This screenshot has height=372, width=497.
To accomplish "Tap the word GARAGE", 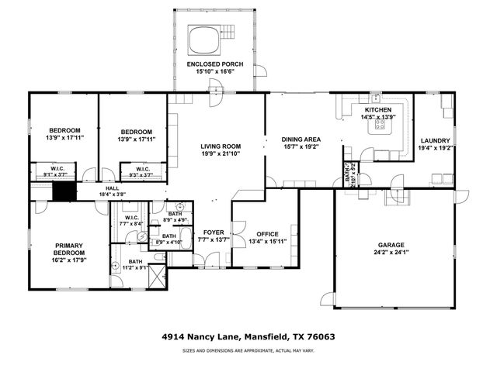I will pyautogui.click(x=390, y=243).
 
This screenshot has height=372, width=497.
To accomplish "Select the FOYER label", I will pyautogui.click(x=214, y=232).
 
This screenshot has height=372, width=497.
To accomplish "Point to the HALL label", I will pyautogui.click(x=112, y=189).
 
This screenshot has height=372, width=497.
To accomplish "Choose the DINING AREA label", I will pyautogui.click(x=301, y=139).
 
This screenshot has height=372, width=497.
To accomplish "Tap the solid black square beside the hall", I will pyautogui.click(x=63, y=192).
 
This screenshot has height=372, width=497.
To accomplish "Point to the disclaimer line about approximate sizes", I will pyautogui.click(x=248, y=352).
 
